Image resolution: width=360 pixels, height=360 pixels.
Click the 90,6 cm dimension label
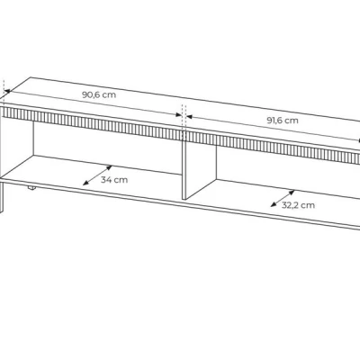point(99,94)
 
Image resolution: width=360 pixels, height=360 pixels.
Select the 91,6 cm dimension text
point(283,121)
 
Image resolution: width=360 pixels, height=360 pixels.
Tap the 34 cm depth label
point(114,180)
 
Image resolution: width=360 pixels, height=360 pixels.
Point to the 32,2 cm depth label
point(298,205)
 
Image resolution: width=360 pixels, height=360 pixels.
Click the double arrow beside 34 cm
point(97,175)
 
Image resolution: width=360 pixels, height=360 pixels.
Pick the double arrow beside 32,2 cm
point(283,199)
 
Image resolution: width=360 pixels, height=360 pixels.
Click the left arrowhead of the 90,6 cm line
point(7,91)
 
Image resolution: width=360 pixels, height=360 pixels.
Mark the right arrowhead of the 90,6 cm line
point(178,114)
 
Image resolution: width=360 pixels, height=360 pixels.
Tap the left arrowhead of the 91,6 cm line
point(190,116)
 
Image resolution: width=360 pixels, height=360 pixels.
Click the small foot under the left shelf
point(31,188)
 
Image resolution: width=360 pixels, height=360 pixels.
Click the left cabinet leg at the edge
point(2,196)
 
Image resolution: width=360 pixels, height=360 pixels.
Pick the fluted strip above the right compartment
point(273,148)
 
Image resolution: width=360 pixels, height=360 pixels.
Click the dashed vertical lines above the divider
point(184,119)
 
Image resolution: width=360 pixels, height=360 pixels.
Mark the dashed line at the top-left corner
point(4,88)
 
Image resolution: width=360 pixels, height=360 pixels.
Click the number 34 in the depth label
point(106,180)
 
